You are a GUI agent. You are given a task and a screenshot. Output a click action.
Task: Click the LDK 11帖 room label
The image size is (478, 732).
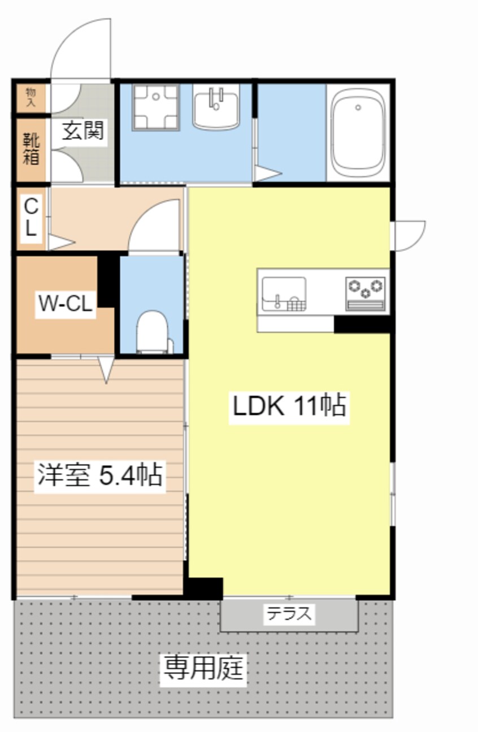coord(289,406)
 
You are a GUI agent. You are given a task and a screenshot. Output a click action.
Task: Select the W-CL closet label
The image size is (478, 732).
coord(65,304)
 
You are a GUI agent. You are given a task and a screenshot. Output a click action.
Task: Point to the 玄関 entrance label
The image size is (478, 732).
coord(82,132)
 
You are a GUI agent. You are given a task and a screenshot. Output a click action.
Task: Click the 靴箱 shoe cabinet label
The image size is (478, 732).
coord(32,149)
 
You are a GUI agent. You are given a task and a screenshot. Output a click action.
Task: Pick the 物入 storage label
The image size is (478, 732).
coord(31,98)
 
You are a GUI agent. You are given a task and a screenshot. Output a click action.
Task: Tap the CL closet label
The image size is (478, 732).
coord(31,218)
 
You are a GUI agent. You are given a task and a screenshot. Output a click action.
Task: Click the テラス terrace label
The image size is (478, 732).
coord(289,613)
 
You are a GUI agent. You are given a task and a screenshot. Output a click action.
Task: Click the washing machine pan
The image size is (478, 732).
coord(155,107)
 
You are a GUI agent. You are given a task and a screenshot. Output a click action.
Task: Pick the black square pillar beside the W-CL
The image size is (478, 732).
coord(108,280)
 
